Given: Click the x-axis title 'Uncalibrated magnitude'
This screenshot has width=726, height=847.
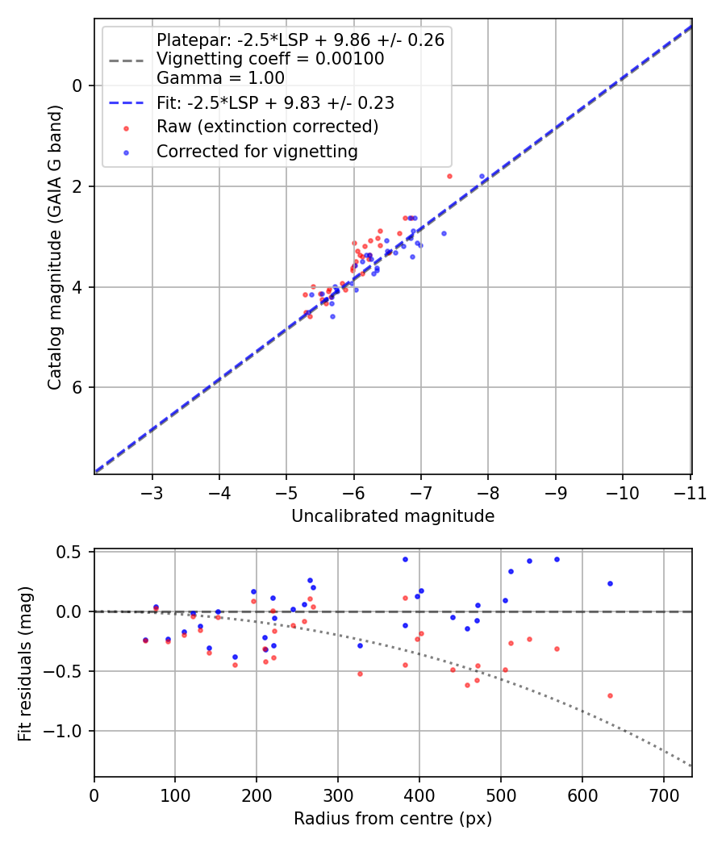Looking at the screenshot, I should pyautogui.click(x=393, y=516).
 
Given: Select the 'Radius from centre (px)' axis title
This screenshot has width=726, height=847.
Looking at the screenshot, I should pyautogui.click(x=393, y=819).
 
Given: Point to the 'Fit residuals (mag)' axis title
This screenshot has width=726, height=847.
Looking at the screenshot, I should pyautogui.click(x=26, y=663).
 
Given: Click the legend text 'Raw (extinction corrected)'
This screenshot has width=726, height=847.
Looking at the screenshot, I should pyautogui.click(x=267, y=127).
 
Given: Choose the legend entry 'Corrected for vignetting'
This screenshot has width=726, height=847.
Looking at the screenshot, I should pyautogui.click(x=257, y=151).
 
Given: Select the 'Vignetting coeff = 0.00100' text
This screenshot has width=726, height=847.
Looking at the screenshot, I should pyautogui.click(x=270, y=59).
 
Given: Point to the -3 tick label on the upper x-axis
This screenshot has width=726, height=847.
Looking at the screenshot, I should pyautogui.click(x=152, y=493).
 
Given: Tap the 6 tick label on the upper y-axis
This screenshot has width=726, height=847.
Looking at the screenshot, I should pyautogui.click(x=78, y=388).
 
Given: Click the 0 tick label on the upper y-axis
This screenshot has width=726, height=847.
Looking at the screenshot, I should pyautogui.click(x=78, y=86).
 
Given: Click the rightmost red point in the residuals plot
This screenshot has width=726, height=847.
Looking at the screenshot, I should pyautogui.click(x=610, y=695).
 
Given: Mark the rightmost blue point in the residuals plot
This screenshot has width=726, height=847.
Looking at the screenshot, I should pyautogui.click(x=610, y=583).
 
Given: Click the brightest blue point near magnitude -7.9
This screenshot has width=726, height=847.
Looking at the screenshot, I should pyautogui.click(x=482, y=176).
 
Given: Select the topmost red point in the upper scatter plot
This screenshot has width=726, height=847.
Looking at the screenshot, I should pyautogui.click(x=449, y=176).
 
